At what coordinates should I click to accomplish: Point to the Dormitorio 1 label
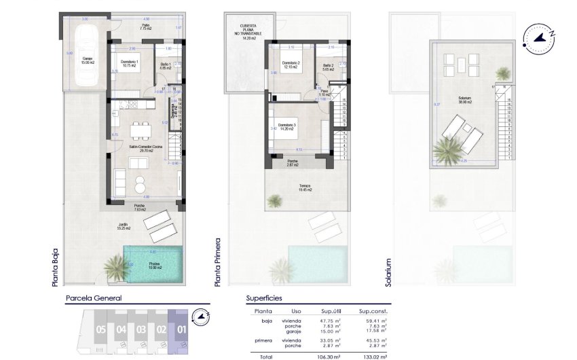tap(130, 65)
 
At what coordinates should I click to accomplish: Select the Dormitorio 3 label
tap(287, 127)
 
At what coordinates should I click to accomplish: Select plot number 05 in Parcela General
tap(101, 331)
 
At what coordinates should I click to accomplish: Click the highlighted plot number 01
tap(181, 331)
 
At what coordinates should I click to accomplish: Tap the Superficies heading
tap(263, 298)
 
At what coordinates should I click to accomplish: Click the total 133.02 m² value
tap(374, 355)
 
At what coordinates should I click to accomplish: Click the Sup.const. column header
tap(373, 311)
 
